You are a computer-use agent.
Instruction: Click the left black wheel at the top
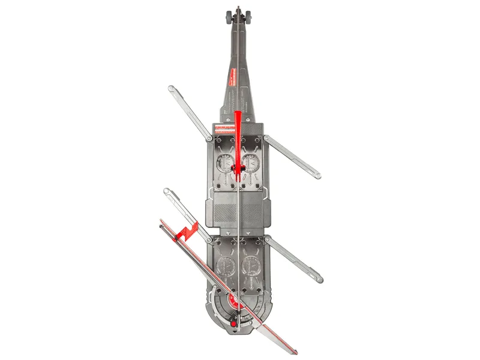[228, 17]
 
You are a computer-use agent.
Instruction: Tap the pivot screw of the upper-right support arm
[267, 139]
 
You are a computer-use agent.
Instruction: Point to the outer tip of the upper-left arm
[172, 89]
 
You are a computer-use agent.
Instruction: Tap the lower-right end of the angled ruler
[296, 349]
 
